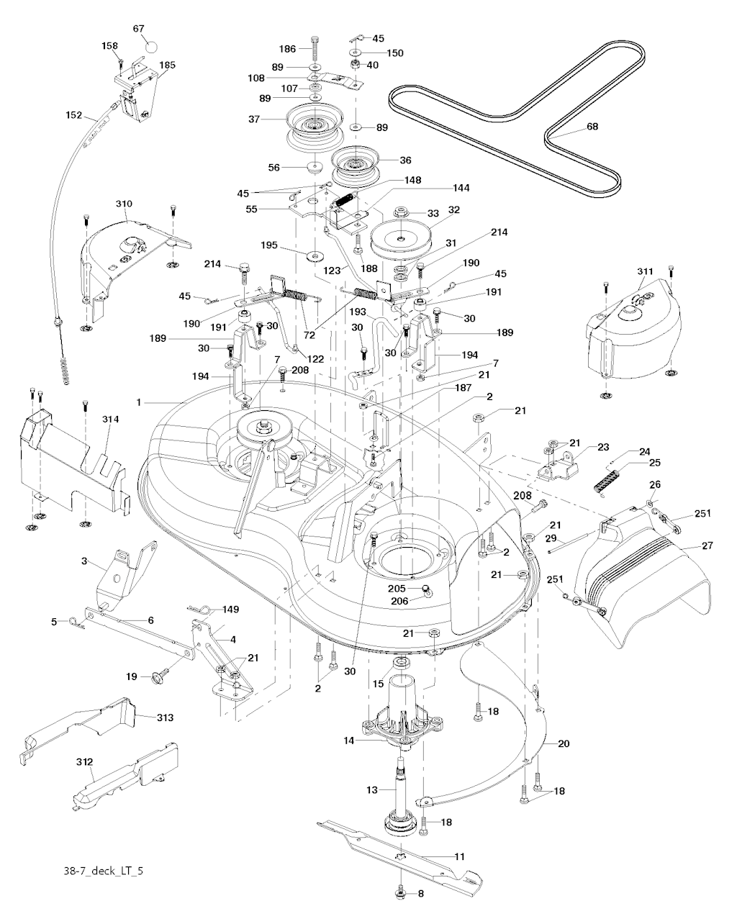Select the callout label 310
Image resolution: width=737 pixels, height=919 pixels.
pyautogui.click(x=124, y=204)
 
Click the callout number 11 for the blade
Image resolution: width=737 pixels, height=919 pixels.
pyautogui.click(x=459, y=856)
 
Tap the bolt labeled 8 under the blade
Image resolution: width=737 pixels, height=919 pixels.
pyautogui.click(x=401, y=895)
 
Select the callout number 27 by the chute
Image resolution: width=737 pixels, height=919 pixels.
pyautogui.click(x=707, y=546)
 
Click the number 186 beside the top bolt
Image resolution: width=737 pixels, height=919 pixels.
pyautogui.click(x=287, y=48)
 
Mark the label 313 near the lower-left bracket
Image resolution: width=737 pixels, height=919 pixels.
pyautogui.click(x=165, y=717)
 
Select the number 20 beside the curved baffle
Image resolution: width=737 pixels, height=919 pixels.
pyautogui.click(x=563, y=743)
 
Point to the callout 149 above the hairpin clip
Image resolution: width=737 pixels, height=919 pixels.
pyautogui.click(x=230, y=609)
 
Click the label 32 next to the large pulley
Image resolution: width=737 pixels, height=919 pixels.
pyautogui.click(x=454, y=209)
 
